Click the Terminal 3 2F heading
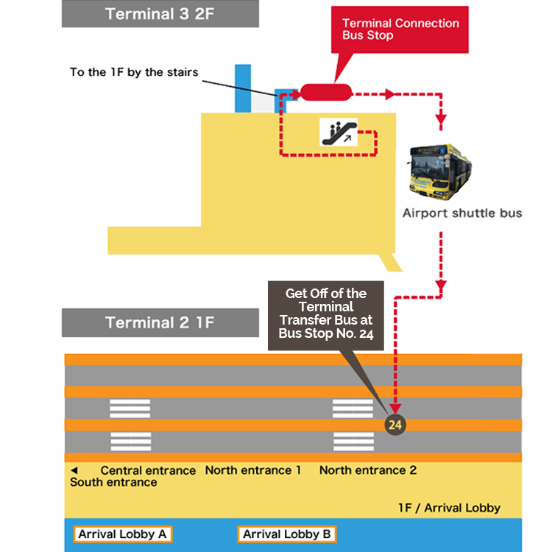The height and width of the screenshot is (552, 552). coord(160,14)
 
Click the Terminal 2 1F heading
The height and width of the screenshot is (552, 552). coord(160,323)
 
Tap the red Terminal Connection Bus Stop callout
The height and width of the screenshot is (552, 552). coord(400,29)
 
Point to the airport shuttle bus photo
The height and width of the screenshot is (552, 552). coord(441,171)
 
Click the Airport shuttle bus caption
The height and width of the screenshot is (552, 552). coord(461,213)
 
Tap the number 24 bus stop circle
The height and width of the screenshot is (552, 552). coord(395,425)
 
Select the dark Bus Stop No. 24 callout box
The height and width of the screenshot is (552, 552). coord(325,312)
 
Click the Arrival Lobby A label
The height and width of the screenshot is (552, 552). coord(122,534)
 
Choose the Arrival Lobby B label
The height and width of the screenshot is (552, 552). coord(287,534)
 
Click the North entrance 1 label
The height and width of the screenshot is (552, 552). coord(252,470)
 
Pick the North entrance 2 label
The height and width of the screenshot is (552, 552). coord(368,470)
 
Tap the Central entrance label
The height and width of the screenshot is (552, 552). coord(148,470)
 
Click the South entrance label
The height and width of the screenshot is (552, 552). coord(113,482)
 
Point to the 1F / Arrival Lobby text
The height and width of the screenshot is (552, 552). coord(449,508)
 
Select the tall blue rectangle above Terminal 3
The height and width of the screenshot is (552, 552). coord(243,88)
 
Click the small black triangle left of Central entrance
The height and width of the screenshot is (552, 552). coord(74,470)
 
